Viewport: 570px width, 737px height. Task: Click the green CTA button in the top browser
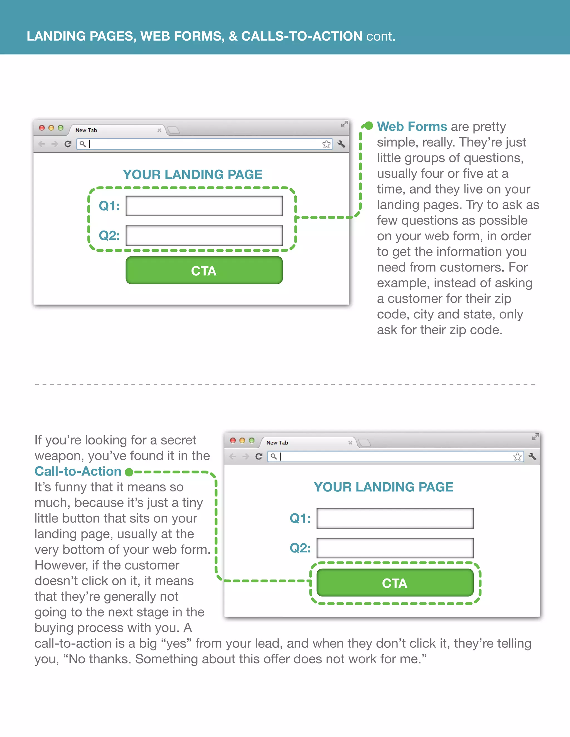pyautogui.click(x=204, y=270)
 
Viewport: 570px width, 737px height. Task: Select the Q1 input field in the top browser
pyautogui.click(x=204, y=206)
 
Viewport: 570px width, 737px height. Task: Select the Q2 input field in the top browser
pyautogui.click(x=204, y=236)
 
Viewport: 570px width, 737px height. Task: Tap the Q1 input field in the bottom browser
pyautogui.click(x=395, y=518)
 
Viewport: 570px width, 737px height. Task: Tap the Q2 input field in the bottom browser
pyautogui.click(x=395, y=548)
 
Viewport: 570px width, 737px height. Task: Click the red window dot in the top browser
pyautogui.click(x=42, y=128)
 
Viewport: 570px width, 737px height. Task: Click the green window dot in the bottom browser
pyautogui.click(x=252, y=440)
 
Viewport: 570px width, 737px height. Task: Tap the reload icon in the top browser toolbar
pyautogui.click(x=68, y=144)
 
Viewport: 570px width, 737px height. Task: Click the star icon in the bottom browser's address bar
pyautogui.click(x=517, y=457)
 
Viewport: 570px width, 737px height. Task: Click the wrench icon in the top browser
pyautogui.click(x=341, y=144)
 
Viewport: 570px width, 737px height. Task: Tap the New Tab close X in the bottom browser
pyautogui.click(x=350, y=443)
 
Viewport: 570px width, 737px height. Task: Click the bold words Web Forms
pyautogui.click(x=412, y=127)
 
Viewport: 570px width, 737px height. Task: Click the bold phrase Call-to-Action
pyautogui.click(x=78, y=471)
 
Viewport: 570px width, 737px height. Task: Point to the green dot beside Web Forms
pyautogui.click(x=369, y=126)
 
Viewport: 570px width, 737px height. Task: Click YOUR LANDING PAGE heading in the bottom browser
pyautogui.click(x=383, y=487)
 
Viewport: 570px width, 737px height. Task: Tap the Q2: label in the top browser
pyautogui.click(x=109, y=236)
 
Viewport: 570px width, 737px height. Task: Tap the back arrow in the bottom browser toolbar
pyautogui.click(x=233, y=457)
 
